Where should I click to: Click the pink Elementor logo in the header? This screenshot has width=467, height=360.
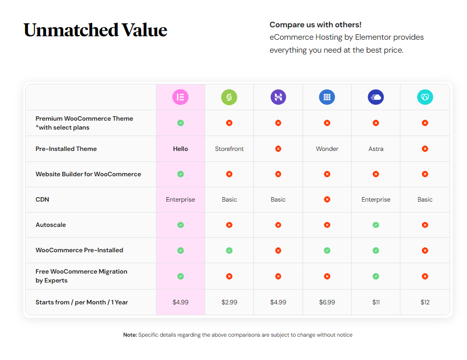click(180, 97)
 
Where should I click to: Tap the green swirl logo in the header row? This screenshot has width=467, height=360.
click(229, 97)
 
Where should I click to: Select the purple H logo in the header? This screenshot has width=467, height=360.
click(278, 97)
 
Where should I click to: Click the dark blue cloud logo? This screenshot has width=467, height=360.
click(376, 97)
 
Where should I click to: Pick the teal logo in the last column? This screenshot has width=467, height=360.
click(425, 97)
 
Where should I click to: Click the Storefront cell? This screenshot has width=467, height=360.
click(230, 149)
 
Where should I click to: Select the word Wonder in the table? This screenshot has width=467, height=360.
click(327, 149)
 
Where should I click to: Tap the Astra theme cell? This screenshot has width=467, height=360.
click(376, 149)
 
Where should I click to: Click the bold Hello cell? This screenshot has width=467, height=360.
click(180, 149)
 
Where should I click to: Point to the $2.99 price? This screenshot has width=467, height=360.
click(230, 302)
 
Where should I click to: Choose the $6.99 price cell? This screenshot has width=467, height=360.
click(327, 302)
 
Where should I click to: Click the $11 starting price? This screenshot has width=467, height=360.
click(376, 302)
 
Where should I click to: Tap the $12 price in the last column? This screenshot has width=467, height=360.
click(425, 302)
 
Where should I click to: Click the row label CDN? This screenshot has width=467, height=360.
click(42, 200)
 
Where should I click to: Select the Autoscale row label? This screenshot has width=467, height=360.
click(51, 225)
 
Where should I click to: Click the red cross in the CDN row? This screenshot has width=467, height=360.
click(327, 200)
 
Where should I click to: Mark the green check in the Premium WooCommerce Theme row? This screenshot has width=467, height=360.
click(180, 123)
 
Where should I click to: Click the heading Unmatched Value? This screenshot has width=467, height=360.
click(95, 30)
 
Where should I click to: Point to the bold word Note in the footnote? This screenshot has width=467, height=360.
click(130, 335)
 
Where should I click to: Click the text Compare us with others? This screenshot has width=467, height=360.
click(315, 25)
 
